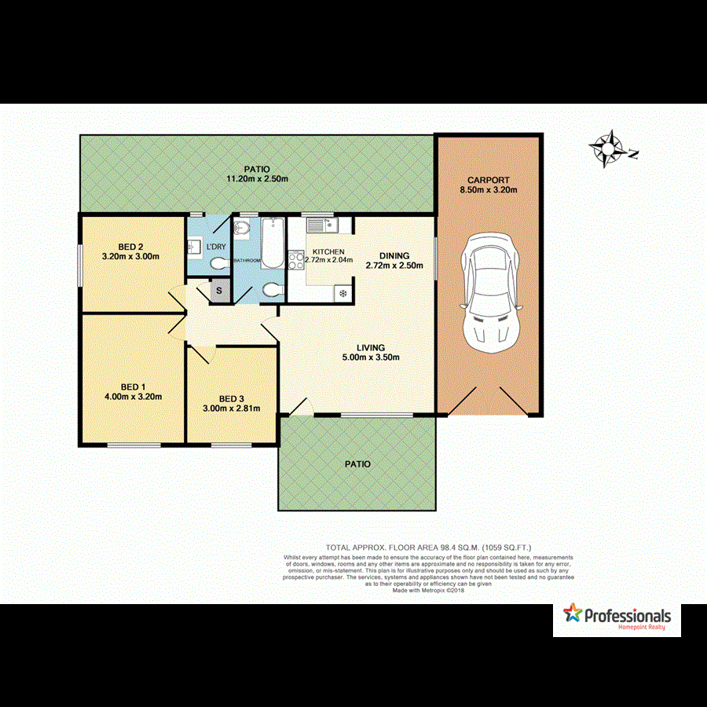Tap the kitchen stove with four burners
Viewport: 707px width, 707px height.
(297, 257)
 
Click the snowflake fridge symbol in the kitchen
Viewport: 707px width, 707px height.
(343, 293)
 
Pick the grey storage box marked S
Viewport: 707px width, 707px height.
(219, 291)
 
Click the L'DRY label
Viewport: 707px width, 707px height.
(215, 247)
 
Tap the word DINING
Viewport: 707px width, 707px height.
(394, 255)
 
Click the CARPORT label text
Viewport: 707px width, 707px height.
(489, 180)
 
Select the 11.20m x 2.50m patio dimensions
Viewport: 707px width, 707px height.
(257, 179)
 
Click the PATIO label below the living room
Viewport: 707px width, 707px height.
(357, 464)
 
